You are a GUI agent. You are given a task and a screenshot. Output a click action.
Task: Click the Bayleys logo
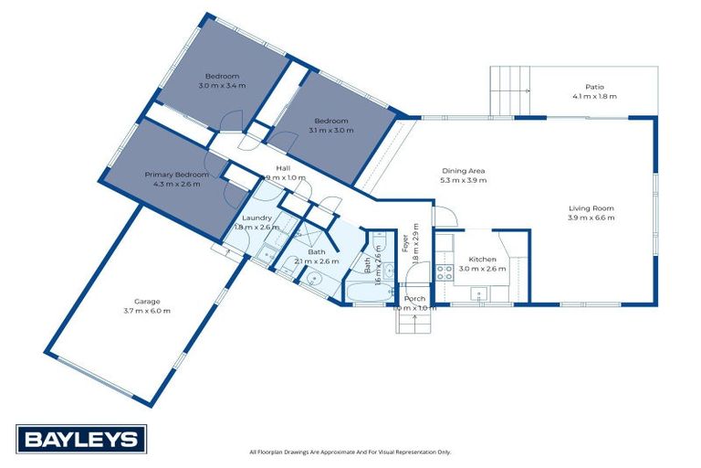81,439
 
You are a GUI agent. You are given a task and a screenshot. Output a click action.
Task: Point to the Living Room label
591,208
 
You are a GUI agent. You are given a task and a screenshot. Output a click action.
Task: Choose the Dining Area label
464,171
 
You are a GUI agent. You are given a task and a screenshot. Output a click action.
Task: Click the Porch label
415,299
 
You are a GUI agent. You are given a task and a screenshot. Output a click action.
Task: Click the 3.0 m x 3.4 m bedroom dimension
222,85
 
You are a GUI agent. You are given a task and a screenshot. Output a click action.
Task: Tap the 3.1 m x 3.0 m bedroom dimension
330,131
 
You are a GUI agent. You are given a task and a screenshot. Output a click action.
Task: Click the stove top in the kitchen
445,271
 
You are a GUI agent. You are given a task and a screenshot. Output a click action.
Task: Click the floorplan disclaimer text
350,452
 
